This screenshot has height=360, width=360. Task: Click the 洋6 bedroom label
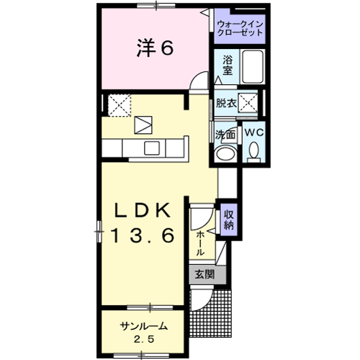(153, 49)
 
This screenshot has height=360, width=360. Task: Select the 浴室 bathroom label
(227, 67)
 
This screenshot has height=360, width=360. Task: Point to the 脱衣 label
(227, 103)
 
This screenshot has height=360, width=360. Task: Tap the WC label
(253, 133)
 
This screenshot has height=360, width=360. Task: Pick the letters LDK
(143, 210)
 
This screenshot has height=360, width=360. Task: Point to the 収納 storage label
(229, 219)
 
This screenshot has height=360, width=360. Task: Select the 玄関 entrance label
(204, 274)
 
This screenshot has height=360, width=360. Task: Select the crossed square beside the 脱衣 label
(251, 102)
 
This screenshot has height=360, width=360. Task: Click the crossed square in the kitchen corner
(117, 104)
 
